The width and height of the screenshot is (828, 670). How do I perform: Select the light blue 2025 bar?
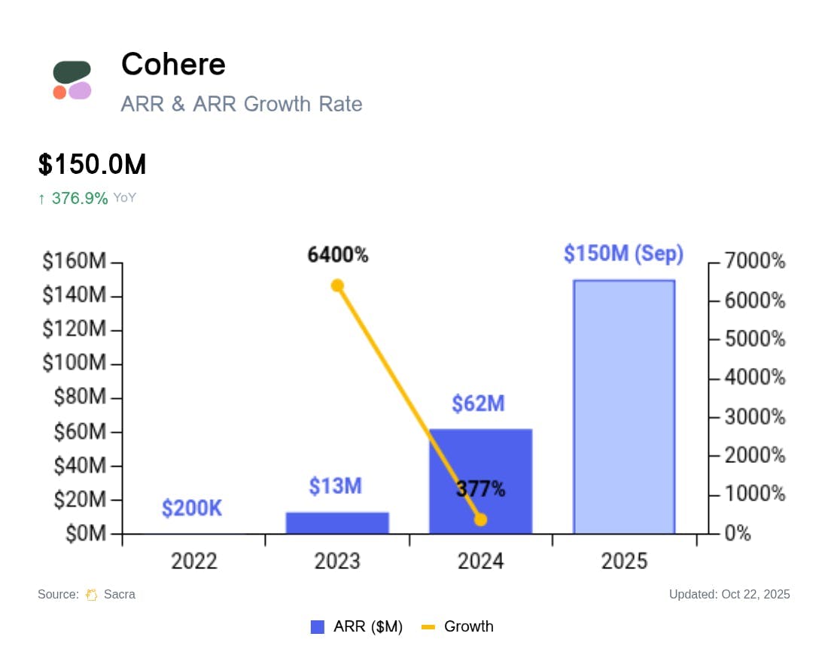[624, 407]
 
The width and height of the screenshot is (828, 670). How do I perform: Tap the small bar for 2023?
[337, 522]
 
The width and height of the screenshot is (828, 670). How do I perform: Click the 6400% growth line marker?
[337, 285]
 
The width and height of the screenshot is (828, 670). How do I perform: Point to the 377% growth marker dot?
[481, 519]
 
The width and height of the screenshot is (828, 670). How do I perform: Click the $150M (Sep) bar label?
[623, 254]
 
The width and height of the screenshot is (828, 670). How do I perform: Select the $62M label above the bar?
[478, 404]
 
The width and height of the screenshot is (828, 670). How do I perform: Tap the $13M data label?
[335, 486]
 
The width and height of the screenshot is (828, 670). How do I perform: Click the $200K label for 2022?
[192, 509]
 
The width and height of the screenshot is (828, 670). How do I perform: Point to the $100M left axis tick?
[74, 364]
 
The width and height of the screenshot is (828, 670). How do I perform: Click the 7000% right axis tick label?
[755, 262]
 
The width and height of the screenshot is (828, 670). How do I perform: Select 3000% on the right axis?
[755, 417]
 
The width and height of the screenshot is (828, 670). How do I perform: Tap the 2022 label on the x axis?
[194, 562]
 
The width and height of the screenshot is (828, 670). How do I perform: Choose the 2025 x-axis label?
[624, 562]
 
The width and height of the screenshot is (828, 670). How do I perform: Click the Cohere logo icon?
[72, 80]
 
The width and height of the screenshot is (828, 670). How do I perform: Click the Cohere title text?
[173, 65]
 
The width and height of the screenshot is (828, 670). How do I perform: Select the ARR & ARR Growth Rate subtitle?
[242, 104]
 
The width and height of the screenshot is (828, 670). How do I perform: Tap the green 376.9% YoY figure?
[80, 199]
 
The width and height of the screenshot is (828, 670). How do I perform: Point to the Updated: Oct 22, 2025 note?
[729, 595]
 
